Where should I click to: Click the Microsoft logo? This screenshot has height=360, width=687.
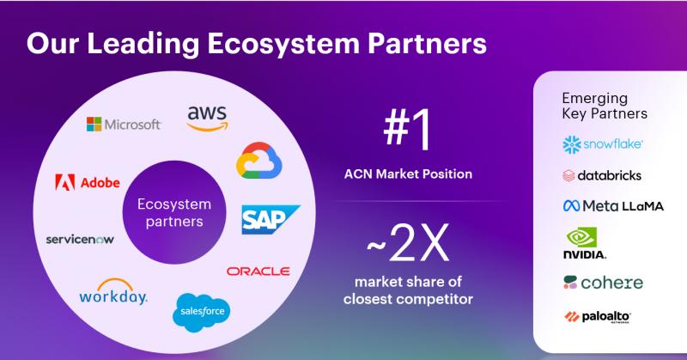[x=124, y=125]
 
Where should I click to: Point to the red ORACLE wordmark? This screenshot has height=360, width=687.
[x=258, y=272]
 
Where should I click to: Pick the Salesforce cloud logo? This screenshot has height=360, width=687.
[x=201, y=310]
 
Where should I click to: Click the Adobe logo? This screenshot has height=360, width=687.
[x=87, y=182]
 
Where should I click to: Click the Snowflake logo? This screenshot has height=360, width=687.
[x=604, y=143]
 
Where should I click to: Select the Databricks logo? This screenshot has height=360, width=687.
[x=601, y=175]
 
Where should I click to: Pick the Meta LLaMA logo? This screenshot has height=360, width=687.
[x=612, y=206]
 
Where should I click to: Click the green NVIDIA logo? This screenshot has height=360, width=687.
[x=585, y=243]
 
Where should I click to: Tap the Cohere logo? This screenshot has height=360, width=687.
[x=603, y=283]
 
